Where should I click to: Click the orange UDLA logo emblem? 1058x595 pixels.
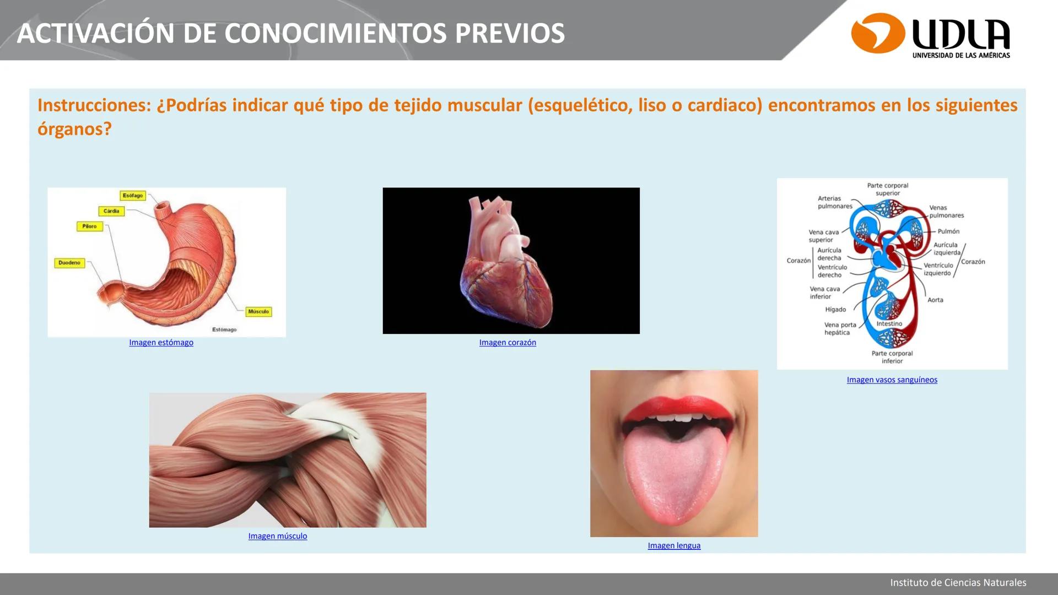click(x=878, y=33)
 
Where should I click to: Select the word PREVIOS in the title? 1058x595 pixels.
click(x=510, y=34)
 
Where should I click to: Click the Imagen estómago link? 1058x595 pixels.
click(x=161, y=343)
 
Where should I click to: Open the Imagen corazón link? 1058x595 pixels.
click(x=508, y=343)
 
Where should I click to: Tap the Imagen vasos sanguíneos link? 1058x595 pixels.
click(x=892, y=380)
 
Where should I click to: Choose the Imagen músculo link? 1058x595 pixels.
click(x=278, y=536)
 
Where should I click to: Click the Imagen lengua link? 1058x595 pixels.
click(x=674, y=545)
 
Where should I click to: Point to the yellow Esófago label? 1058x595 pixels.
click(x=133, y=196)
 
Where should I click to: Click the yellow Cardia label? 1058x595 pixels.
click(x=111, y=211)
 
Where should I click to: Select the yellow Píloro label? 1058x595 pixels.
click(x=89, y=226)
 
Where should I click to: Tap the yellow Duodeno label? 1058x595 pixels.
click(x=69, y=263)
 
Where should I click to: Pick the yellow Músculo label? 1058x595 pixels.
click(x=258, y=312)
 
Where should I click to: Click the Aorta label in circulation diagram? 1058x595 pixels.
click(x=935, y=300)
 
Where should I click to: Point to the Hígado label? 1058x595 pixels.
click(x=835, y=310)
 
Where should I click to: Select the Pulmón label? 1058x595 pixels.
click(x=948, y=231)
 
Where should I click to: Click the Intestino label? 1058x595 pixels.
click(x=889, y=324)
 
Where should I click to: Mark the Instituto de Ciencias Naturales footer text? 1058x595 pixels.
click(x=958, y=583)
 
